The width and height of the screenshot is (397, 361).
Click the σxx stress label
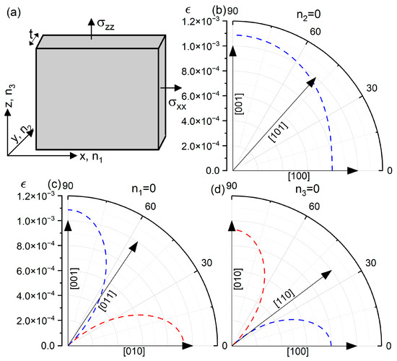pos(178,104)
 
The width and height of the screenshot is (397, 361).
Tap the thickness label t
pos(32,35)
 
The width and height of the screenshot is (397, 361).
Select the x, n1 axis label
pos(91,157)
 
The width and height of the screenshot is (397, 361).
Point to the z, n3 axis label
pos(11,96)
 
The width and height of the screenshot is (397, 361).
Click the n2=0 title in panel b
pos(308,14)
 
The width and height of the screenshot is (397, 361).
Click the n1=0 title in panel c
pos(144,189)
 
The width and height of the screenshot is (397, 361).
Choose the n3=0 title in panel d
pos(307,189)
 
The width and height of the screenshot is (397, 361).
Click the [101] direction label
pos(278,132)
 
